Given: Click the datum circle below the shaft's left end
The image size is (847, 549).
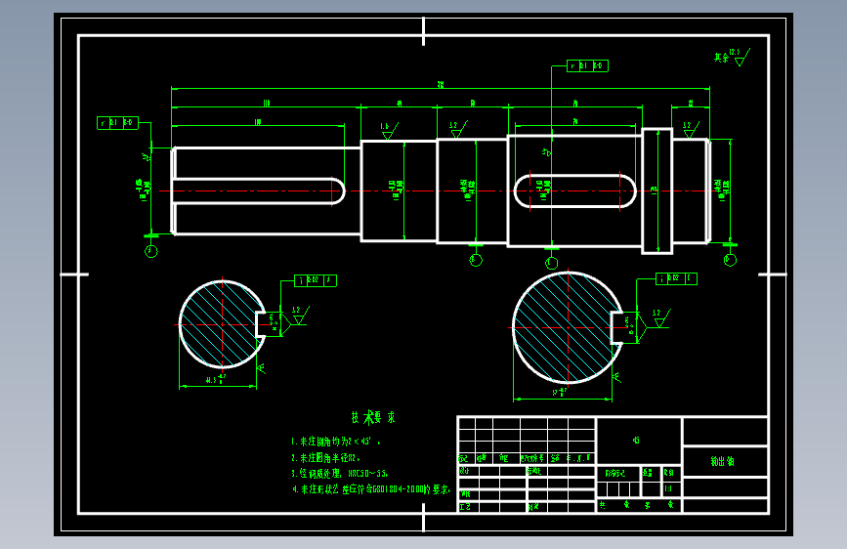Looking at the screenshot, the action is (x=150, y=251).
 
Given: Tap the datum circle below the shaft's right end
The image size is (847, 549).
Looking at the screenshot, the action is (x=730, y=260).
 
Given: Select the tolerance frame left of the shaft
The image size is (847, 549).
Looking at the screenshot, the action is (x=117, y=123).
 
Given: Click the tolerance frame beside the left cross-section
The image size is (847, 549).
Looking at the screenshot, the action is (x=316, y=280).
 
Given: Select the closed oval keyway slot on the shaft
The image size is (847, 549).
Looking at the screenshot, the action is (x=575, y=190).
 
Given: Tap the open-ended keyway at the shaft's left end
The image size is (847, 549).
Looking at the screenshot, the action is (x=259, y=190).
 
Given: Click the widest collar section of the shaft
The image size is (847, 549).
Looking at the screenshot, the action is (x=657, y=190).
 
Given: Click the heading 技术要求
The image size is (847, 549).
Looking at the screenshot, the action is (x=365, y=418).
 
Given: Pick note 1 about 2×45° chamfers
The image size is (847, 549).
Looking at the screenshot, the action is (x=336, y=442).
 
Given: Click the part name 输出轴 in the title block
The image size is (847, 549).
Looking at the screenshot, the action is (x=724, y=461).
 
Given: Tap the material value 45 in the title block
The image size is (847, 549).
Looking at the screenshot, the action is (x=637, y=441).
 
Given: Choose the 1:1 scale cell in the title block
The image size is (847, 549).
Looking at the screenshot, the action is (x=668, y=488).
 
